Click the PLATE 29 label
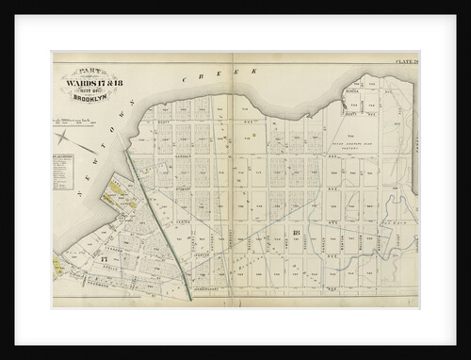[x=404, y=62]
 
